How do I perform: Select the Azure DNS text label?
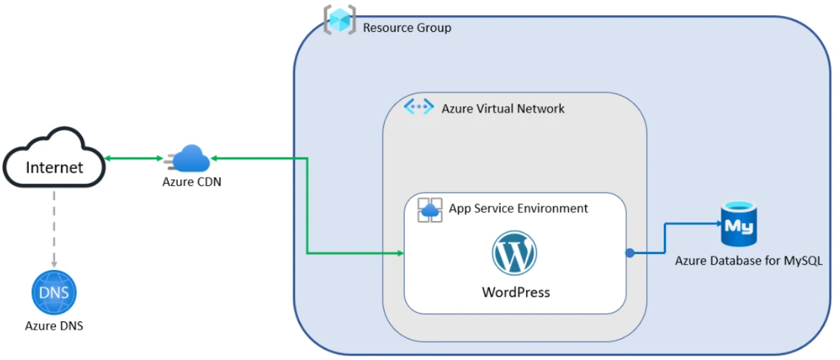coord(54,326)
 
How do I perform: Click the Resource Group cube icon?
coord(339,20)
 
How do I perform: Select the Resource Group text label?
coord(407,28)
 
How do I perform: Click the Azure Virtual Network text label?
coord(503,108)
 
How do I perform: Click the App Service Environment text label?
coord(518,208)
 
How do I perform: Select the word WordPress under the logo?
coord(516,292)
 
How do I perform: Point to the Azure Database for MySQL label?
coord(748,261)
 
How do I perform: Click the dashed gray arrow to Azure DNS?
coord(54,227)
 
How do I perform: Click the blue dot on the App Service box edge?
coord(629,253)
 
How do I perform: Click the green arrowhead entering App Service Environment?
coord(398,253)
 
